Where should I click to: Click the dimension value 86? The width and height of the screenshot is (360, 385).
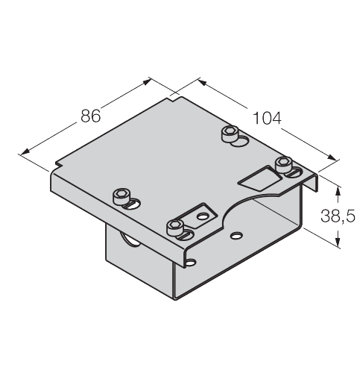[x=91, y=116]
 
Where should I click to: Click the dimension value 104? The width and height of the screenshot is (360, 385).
[x=267, y=118]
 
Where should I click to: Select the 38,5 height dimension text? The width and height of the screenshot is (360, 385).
[x=338, y=216]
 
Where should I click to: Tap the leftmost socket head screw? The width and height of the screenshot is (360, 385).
[x=121, y=196]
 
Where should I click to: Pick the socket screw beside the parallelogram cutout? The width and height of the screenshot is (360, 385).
[x=283, y=164]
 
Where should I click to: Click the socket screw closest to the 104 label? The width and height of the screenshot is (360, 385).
[x=230, y=134]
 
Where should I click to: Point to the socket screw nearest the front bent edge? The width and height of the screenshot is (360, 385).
[x=175, y=228]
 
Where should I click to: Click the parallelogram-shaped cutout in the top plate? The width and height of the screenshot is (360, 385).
[x=260, y=178]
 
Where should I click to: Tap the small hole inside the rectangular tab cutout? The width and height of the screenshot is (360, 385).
[x=203, y=216]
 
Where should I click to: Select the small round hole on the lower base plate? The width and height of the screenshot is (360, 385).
[x=236, y=235]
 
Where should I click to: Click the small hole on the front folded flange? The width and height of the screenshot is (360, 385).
[x=192, y=262]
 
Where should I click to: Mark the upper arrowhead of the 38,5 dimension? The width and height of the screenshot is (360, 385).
[x=338, y=191]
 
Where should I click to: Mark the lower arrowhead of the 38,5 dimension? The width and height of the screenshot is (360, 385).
[x=338, y=242]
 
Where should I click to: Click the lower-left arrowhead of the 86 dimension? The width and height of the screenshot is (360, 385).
[x=25, y=151]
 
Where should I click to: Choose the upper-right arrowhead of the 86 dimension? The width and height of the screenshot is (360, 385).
[x=147, y=81]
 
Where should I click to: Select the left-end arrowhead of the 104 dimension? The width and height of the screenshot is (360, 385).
[x=203, y=83]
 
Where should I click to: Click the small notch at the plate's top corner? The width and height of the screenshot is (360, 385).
[x=176, y=99]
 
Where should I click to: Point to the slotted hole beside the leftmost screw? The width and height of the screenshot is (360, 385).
[x=133, y=204]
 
